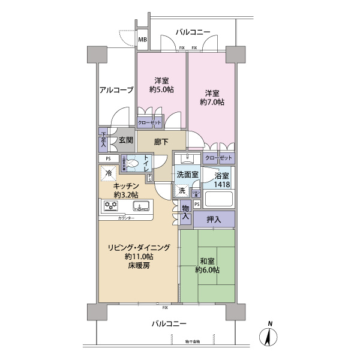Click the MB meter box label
(x=143, y=41)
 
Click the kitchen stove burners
(x=111, y=206)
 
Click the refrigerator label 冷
(x=109, y=174)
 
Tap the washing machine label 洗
(x=182, y=190)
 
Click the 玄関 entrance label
(x=125, y=140)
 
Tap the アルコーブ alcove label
(x=116, y=90)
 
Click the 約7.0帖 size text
(x=213, y=103)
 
